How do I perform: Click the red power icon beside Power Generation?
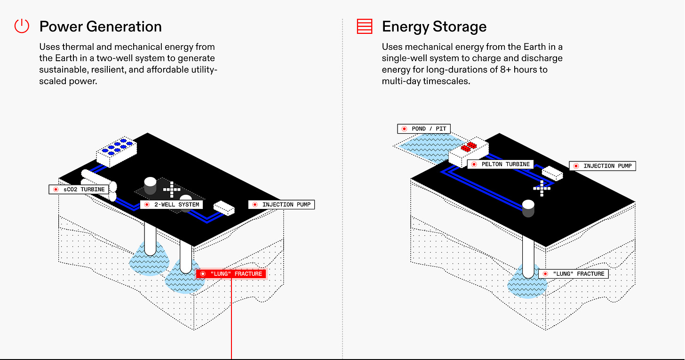tap(22, 26)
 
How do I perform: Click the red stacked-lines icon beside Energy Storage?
tap(365, 26)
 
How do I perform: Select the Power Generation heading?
tap(101, 26)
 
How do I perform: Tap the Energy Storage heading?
tap(434, 27)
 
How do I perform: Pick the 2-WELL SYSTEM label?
tap(172, 205)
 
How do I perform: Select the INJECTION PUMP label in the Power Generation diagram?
tap(281, 205)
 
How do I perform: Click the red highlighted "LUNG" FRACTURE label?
tap(231, 274)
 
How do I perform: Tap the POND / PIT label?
tap(424, 128)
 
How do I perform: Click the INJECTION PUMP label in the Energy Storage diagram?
tap(603, 166)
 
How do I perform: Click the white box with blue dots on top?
tap(117, 151)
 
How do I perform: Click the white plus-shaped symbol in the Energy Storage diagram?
tap(542, 188)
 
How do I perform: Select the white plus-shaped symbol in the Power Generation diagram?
tap(172, 189)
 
